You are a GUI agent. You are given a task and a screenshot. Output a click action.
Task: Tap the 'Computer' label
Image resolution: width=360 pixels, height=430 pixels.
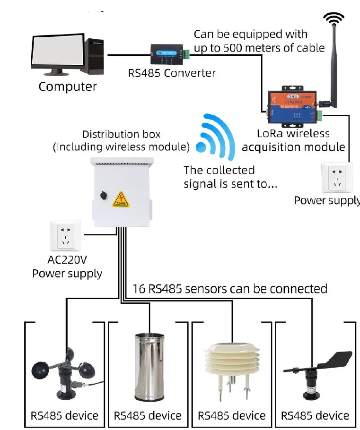(x=68, y=87)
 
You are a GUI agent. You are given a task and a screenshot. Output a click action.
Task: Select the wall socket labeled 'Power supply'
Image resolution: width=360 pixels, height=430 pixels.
(x=337, y=178)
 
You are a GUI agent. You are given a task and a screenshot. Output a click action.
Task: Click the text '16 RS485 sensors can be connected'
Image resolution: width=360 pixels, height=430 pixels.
(x=228, y=288)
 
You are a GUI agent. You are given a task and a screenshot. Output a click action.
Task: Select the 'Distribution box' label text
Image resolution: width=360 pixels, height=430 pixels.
(x=122, y=135)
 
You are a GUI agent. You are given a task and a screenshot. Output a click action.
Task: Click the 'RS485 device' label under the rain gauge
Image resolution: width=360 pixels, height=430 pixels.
(x=148, y=416)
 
